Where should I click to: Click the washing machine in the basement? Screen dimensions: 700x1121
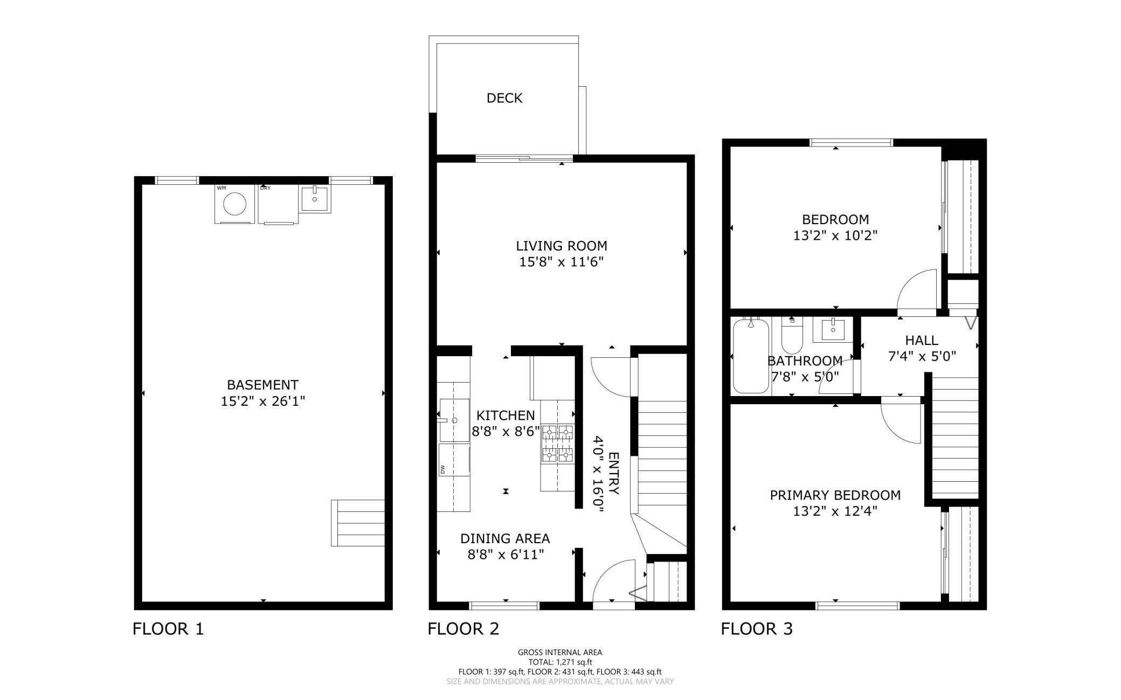pyautogui.click(x=234, y=205)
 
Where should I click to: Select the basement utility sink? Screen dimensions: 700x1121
pyautogui.click(x=314, y=199)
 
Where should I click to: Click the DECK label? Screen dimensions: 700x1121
pyautogui.click(x=504, y=98)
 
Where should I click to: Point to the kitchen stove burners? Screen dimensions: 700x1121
pyautogui.click(x=557, y=443)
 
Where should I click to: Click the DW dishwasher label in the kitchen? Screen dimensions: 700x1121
pyautogui.click(x=442, y=469)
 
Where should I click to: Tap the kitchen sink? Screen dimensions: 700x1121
pyautogui.click(x=454, y=420)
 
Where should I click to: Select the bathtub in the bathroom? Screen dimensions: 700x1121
pyautogui.click(x=751, y=356)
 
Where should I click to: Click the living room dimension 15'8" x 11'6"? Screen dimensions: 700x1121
pyautogui.click(x=561, y=262)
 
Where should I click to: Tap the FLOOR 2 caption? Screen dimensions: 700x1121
pyautogui.click(x=463, y=629)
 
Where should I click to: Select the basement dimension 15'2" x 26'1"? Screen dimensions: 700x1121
pyautogui.click(x=262, y=401)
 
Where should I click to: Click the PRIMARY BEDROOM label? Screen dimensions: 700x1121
pyautogui.click(x=835, y=495)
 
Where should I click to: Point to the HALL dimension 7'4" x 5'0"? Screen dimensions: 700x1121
pyautogui.click(x=922, y=356)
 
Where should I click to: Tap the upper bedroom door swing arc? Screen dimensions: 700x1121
pyautogui.click(x=916, y=291)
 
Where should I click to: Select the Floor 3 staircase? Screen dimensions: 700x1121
pyautogui.click(x=955, y=436)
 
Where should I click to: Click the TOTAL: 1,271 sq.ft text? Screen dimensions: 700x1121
pyautogui.click(x=560, y=662)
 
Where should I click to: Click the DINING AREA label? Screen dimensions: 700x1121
pyautogui.click(x=505, y=538)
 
